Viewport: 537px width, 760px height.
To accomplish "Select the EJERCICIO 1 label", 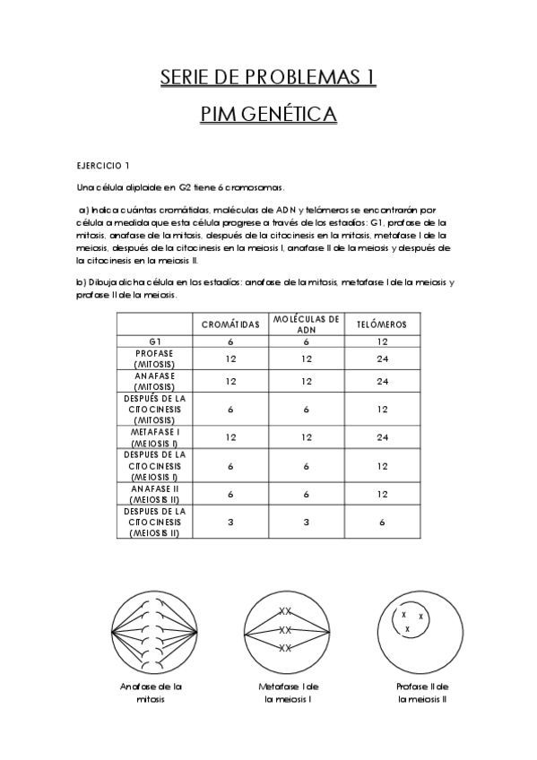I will (103, 166).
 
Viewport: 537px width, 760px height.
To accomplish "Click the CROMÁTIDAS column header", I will (230, 324).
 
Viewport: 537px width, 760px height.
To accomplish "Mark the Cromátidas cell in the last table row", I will (230, 522).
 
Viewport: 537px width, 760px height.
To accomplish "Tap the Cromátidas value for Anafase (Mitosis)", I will (230, 381).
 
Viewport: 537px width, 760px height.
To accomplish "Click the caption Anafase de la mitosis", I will (152, 692).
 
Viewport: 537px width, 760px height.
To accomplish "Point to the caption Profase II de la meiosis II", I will (422, 692).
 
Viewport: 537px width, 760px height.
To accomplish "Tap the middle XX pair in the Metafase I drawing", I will (285, 629).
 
